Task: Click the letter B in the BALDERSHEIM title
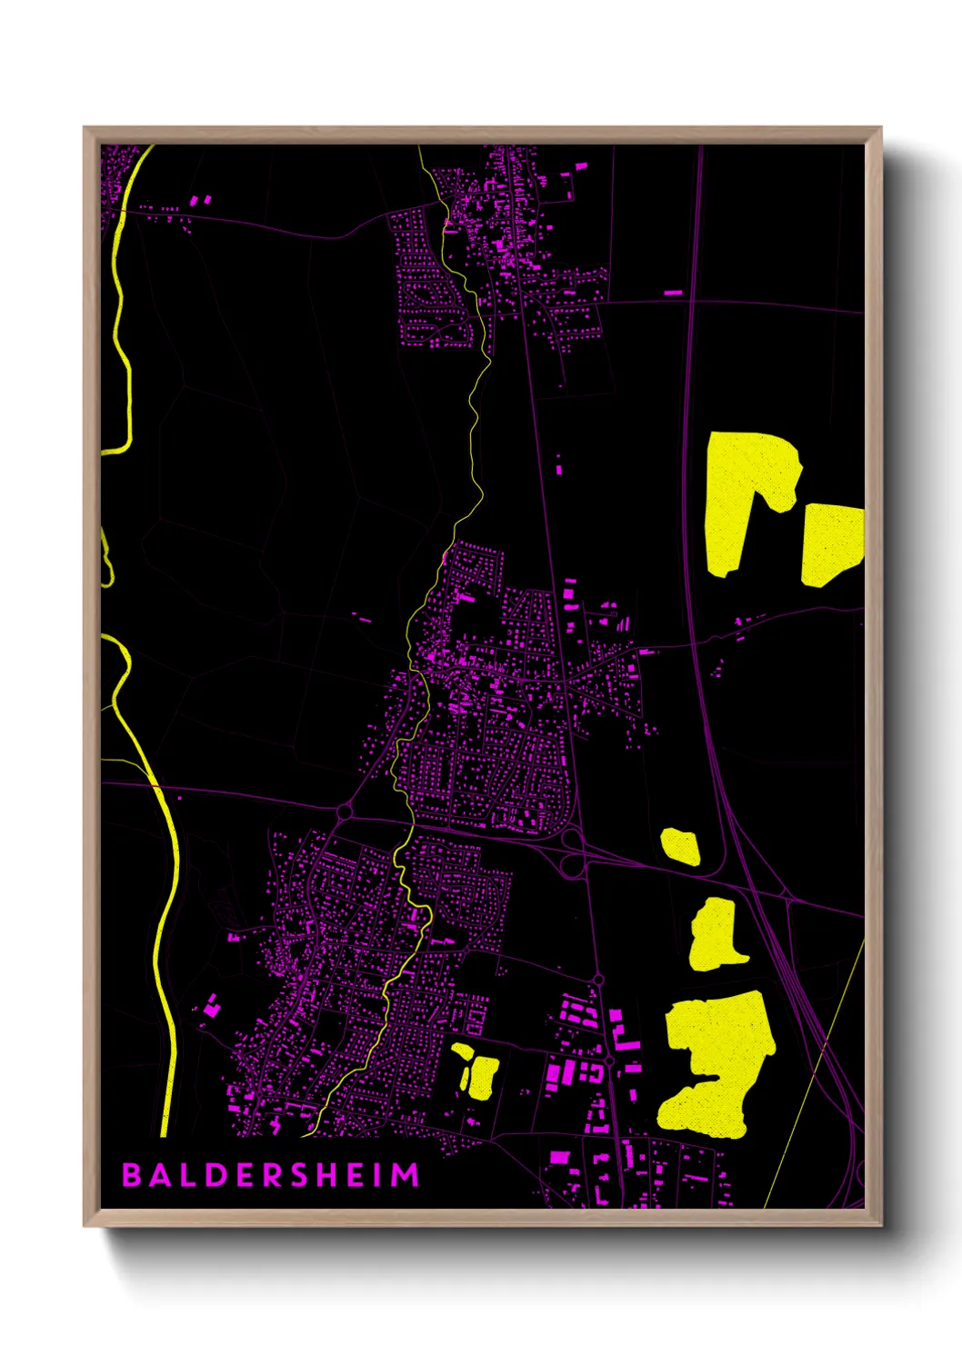pos(132,1175)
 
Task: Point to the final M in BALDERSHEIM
pos(406,1175)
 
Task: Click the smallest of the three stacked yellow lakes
pos(680,846)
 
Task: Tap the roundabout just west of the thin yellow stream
pos(345,811)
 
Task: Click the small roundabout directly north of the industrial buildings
pos(598,980)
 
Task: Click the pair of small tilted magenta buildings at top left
pos(200,199)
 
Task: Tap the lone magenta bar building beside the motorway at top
pos(673,293)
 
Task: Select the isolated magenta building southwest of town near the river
pos(211,1005)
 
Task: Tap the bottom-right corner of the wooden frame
pos(879,1224)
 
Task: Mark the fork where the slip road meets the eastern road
pos(790,901)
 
